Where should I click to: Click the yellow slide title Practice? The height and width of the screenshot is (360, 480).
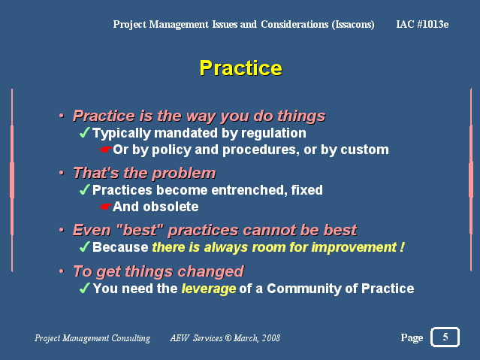pyautogui.click(x=240, y=68)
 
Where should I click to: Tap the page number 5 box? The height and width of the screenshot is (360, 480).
pyautogui.click(x=445, y=337)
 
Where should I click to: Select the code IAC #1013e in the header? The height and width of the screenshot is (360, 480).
pyautogui.click(x=422, y=24)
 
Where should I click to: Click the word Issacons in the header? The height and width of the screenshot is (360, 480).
pyautogui.click(x=353, y=25)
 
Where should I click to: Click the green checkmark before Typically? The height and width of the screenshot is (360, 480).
pyautogui.click(x=84, y=133)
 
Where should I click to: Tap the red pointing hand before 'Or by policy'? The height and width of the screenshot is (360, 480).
pyautogui.click(x=106, y=150)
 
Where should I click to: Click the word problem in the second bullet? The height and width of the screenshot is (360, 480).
pyautogui.click(x=184, y=174)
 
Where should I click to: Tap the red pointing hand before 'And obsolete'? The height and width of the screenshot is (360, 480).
pyautogui.click(x=106, y=207)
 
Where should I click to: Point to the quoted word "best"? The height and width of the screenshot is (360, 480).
pyautogui.click(x=140, y=230)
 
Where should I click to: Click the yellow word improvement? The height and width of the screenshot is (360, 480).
pyautogui.click(x=354, y=247)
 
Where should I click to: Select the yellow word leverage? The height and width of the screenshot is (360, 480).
pyautogui.click(x=209, y=289)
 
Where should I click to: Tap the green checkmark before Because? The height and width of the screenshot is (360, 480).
pyautogui.click(x=84, y=247)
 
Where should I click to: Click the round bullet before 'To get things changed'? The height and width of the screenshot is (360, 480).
pyautogui.click(x=62, y=271)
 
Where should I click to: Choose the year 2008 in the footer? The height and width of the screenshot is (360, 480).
pyautogui.click(x=271, y=338)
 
